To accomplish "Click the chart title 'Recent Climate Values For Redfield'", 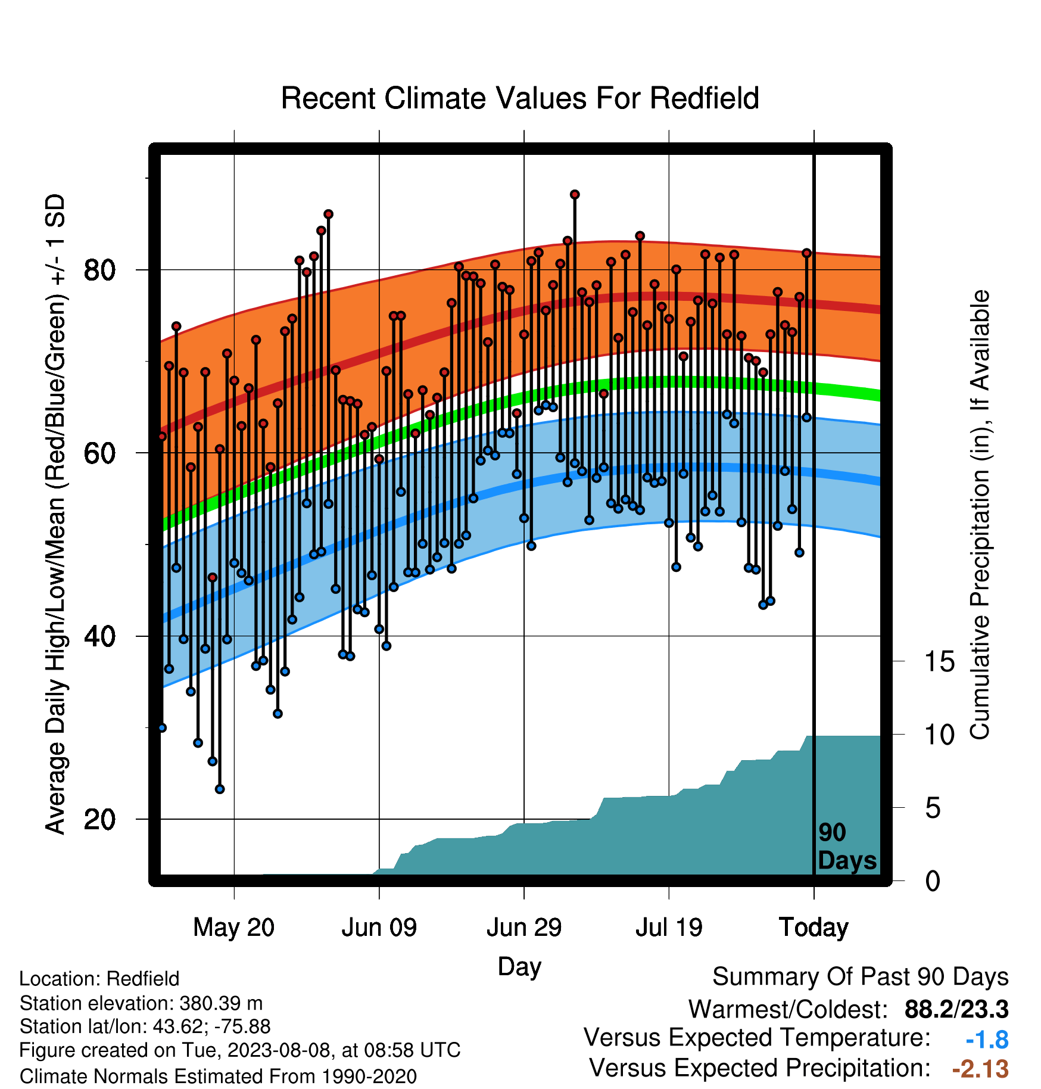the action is click(x=520, y=98).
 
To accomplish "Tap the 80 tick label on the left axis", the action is click(x=99, y=270).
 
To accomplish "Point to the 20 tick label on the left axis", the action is click(x=99, y=820).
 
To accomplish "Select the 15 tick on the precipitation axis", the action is click(x=940, y=662).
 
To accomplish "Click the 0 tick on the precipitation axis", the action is click(x=933, y=881).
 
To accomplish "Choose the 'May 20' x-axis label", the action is click(x=234, y=928).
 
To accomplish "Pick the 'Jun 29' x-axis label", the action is click(x=524, y=928).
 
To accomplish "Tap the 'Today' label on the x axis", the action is click(x=814, y=928).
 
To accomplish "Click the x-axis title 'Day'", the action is click(x=519, y=967).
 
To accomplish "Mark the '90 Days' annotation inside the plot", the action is click(x=847, y=847).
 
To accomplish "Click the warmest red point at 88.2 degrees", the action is click(x=575, y=195).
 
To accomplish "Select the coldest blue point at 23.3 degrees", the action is click(x=220, y=789).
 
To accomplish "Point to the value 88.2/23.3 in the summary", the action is click(x=956, y=1009).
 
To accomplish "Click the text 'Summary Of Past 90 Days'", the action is click(x=861, y=977).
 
